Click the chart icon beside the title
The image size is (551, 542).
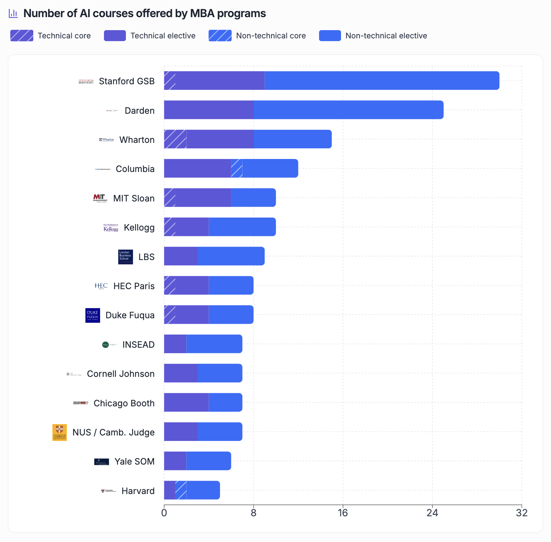(13, 13)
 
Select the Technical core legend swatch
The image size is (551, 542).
(22, 36)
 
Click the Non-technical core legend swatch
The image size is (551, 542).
(220, 36)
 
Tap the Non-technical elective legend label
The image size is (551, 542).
(386, 36)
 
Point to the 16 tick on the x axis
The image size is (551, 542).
(343, 513)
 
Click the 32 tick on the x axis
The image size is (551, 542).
(521, 513)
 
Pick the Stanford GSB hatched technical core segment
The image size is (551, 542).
(169, 81)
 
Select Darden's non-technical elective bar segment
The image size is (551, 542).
(348, 110)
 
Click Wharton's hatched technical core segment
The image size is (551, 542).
(175, 139)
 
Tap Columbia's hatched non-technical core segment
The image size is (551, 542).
(236, 168)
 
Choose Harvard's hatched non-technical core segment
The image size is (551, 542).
(181, 490)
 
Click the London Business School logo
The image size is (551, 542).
(126, 257)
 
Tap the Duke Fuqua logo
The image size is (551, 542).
(93, 315)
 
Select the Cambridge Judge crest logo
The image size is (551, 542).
(59, 432)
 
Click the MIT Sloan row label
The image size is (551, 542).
(134, 198)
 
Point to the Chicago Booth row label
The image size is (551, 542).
(124, 403)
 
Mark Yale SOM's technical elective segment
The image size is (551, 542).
(175, 461)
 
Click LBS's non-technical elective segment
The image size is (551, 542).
(231, 256)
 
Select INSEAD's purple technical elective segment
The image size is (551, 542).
(175, 344)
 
